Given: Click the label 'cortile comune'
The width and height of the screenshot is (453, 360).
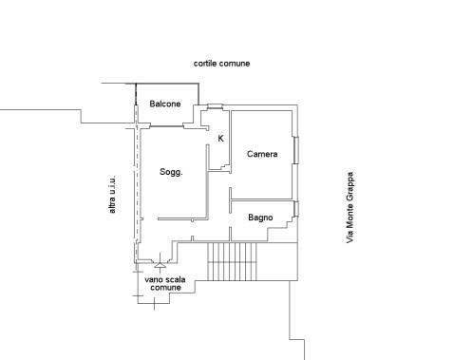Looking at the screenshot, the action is click(221, 64).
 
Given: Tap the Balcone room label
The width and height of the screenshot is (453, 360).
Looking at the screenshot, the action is click(165, 104).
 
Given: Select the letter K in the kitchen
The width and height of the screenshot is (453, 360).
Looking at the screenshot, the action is click(221, 139).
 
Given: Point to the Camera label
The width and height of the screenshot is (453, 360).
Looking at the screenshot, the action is click(262, 154).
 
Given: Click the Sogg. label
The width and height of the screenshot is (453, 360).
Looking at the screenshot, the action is click(171, 172).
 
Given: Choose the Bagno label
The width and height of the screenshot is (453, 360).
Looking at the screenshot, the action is click(260, 218).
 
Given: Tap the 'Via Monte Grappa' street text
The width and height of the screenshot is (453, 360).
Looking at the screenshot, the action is click(349, 207).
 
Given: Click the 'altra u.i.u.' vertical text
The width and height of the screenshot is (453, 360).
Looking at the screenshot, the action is click(112, 195).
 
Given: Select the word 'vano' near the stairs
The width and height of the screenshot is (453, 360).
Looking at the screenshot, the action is click(153, 279).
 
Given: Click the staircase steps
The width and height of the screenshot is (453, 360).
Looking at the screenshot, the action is click(232, 261).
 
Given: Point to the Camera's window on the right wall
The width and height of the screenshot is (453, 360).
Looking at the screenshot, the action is click(296, 150).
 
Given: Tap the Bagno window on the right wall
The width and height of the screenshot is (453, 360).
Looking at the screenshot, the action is click(296, 209).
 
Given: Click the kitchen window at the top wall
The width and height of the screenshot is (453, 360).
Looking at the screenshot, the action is click(216, 106).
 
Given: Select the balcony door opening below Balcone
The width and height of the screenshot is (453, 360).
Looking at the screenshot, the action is click(166, 126).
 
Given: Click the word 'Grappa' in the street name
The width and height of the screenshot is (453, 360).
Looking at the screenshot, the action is click(349, 186).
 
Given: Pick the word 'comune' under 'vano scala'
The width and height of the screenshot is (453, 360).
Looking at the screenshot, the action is click(166, 288).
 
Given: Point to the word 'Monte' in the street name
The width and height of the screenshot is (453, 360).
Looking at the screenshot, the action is click(349, 215).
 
